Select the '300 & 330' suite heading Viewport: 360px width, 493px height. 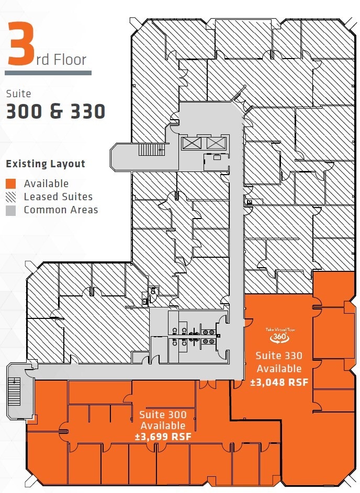coord(55,111)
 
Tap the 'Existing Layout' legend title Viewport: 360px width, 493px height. coord(46,164)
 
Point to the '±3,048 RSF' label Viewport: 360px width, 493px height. coord(278,382)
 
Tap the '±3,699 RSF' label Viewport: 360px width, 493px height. coord(162,437)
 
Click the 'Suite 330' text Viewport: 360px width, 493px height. coord(278,356)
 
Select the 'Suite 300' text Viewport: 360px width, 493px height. coord(163,415)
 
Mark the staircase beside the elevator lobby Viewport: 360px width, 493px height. coord(151,150)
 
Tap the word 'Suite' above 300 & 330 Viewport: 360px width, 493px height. coord(18,94)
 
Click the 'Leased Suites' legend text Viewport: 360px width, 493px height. coord(58,197)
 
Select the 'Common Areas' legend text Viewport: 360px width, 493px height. coord(61,210)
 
